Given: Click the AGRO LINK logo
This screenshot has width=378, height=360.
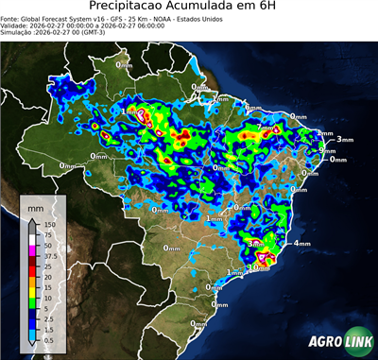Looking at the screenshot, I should (336, 338).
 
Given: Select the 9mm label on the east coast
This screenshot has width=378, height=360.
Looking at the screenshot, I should (328, 150).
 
